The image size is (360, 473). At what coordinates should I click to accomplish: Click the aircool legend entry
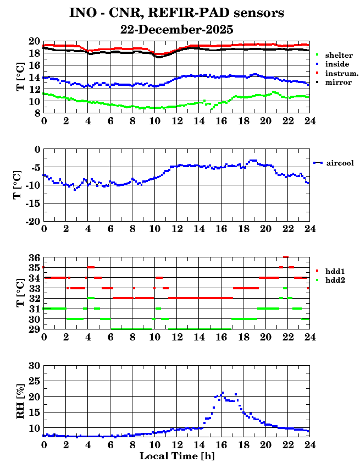click(x=340, y=163)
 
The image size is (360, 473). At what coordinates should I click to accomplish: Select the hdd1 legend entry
click(x=334, y=271)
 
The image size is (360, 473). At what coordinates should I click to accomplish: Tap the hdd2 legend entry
click(x=334, y=280)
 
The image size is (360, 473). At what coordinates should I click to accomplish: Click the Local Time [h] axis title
click(x=176, y=456)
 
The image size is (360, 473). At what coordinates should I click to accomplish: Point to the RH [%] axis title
click(x=21, y=401)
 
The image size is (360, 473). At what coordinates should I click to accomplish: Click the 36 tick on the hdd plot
click(x=34, y=257)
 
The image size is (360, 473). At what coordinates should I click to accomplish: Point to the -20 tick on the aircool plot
click(x=32, y=221)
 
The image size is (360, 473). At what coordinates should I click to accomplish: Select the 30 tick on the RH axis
click(x=34, y=365)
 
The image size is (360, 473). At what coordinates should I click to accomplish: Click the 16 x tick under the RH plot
click(x=221, y=445)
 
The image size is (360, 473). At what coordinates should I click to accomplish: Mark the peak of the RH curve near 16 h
click(x=223, y=393)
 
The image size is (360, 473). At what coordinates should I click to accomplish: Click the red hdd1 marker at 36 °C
click(x=286, y=257)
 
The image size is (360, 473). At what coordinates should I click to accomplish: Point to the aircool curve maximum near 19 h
click(x=253, y=161)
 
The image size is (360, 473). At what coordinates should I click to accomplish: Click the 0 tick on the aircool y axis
click(x=37, y=149)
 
